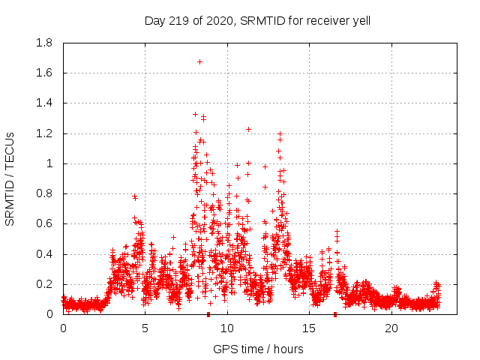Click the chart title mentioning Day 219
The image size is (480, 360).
click(x=257, y=21)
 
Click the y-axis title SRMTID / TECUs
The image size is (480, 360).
click(x=10, y=178)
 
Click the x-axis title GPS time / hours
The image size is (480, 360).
click(x=258, y=349)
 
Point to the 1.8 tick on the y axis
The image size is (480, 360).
click(x=44, y=43)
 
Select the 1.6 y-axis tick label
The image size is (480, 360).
click(x=44, y=73)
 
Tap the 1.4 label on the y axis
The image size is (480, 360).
click(x=44, y=103)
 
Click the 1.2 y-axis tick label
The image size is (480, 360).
click(x=44, y=133)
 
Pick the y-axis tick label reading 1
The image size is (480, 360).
click(x=49, y=163)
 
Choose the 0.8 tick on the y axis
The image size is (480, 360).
click(x=44, y=193)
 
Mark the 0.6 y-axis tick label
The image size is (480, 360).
click(x=44, y=223)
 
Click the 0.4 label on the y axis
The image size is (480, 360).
click(x=44, y=254)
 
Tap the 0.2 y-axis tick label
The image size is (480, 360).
click(x=44, y=284)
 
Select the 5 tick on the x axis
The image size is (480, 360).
click(x=145, y=328)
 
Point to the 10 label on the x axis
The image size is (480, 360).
click(x=227, y=328)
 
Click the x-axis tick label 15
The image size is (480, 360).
click(x=310, y=328)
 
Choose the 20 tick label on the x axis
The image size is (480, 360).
click(x=391, y=328)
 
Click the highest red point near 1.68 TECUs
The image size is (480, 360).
click(x=199, y=61)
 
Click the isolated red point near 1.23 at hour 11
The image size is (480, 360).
click(x=248, y=129)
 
